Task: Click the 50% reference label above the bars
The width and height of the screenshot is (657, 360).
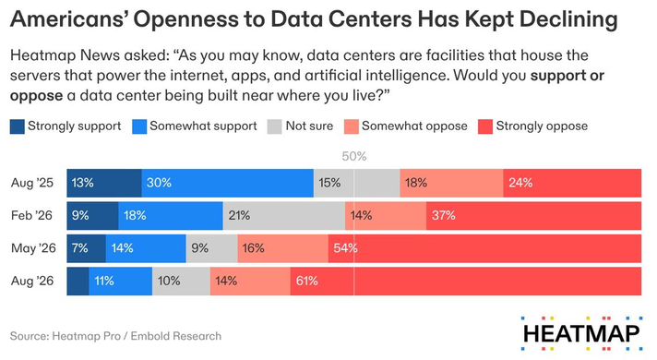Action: tap(354, 156)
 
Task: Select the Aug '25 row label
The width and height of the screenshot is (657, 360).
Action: tap(32, 183)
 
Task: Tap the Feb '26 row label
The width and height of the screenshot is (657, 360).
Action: tap(32, 215)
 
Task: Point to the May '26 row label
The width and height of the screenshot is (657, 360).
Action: tap(33, 248)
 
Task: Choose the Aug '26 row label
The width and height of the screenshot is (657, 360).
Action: tap(32, 281)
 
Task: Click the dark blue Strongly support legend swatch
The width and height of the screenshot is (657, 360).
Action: tap(18, 126)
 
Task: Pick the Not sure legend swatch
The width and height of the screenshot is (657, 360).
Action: tap(274, 126)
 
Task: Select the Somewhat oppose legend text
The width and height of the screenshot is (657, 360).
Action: tap(414, 126)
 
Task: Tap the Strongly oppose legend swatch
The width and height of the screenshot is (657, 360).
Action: tap(485, 126)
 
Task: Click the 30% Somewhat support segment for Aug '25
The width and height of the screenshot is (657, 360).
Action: tap(228, 183)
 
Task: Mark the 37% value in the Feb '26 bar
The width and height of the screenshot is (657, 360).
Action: tap(443, 215)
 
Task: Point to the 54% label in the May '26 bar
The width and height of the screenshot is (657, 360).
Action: tap(345, 248)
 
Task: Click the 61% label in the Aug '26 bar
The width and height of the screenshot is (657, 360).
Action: tap(306, 281)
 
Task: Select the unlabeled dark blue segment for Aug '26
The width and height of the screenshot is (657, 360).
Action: tap(78, 282)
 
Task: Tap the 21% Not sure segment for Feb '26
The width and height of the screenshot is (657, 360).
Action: tap(284, 216)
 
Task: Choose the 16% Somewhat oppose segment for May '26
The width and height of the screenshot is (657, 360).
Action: tap(283, 248)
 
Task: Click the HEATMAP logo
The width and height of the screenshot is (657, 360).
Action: tap(581, 333)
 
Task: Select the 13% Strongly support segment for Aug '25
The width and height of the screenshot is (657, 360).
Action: tap(104, 183)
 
